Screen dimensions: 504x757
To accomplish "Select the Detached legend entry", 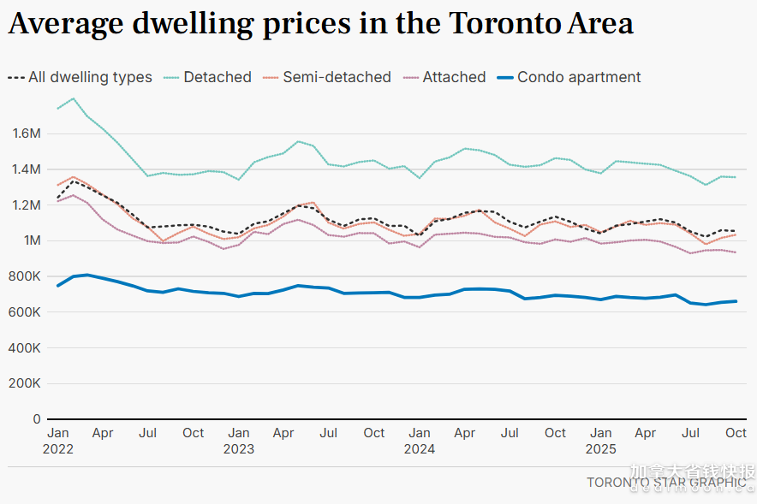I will coord(218,77).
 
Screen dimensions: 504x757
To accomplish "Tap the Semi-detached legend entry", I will coord(337,77).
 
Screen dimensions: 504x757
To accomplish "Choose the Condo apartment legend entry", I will coord(579,77).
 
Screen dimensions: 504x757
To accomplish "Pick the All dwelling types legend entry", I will coord(90,77).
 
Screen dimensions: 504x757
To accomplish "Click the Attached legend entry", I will coord(454,77).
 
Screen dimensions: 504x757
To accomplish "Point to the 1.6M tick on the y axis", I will coord(27,133).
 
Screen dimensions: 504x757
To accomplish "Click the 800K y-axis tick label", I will coord(26,276).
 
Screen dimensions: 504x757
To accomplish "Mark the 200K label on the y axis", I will coord(26,383).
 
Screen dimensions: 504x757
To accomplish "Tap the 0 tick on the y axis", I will coord(37,419).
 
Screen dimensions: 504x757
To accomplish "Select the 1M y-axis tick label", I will coord(31,240).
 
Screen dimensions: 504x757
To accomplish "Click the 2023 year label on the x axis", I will coord(239,448).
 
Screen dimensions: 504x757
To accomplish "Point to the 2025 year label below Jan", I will coord(601,448).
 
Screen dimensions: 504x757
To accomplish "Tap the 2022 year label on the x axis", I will coord(58,448).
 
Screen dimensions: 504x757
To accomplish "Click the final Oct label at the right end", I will coord(736,433).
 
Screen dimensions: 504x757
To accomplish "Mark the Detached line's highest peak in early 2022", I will coord(73,98).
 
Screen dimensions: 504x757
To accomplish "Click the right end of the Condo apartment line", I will coord(736,300).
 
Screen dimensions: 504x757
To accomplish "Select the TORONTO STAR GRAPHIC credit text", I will coord(665,483).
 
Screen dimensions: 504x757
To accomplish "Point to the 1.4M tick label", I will coord(27,169).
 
